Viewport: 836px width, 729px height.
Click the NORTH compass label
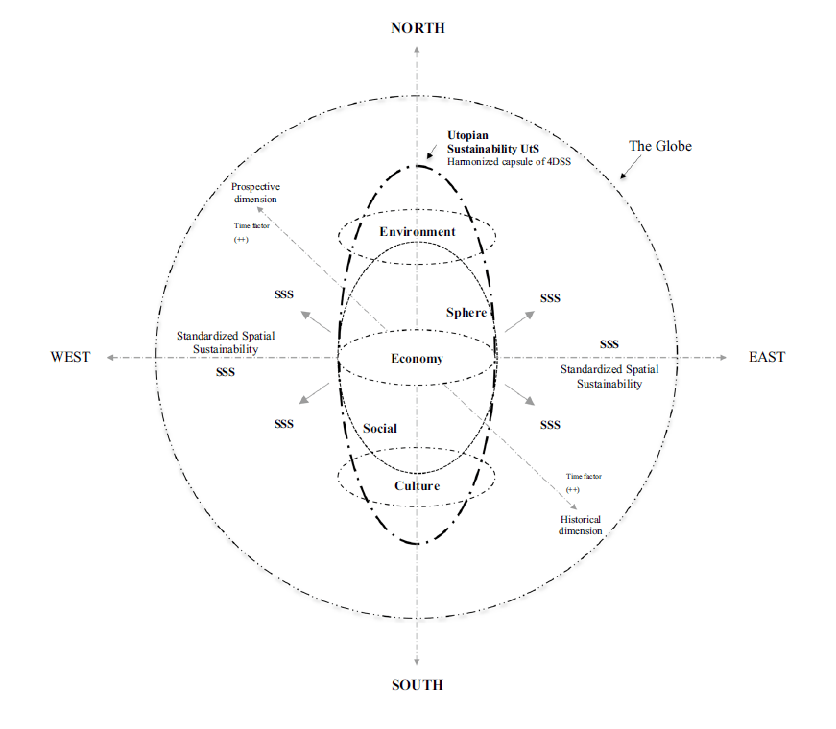pyautogui.click(x=418, y=28)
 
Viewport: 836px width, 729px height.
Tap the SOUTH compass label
pyautogui.click(x=418, y=685)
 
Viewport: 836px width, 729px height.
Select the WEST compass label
pyautogui.click(x=70, y=357)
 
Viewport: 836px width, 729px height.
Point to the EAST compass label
pyautogui.click(x=767, y=357)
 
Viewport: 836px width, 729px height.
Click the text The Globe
pyautogui.click(x=659, y=147)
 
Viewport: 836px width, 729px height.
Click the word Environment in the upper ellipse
pyautogui.click(x=417, y=232)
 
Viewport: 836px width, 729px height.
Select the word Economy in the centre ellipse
pyautogui.click(x=417, y=359)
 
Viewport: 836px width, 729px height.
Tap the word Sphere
pyautogui.click(x=467, y=313)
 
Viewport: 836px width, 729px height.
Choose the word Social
pyautogui.click(x=380, y=428)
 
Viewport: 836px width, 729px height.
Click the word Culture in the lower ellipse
pyautogui.click(x=417, y=485)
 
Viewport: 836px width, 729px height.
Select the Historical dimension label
pyautogui.click(x=580, y=525)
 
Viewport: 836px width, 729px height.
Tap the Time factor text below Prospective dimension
pyautogui.click(x=251, y=226)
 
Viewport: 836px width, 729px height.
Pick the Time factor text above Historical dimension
pyautogui.click(x=584, y=476)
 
